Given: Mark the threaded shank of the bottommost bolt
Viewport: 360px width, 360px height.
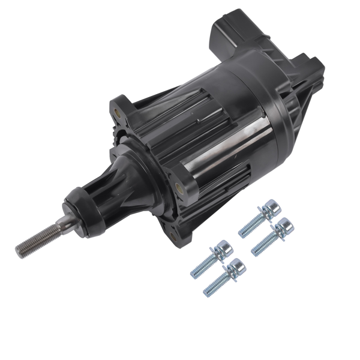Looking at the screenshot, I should (215, 286).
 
